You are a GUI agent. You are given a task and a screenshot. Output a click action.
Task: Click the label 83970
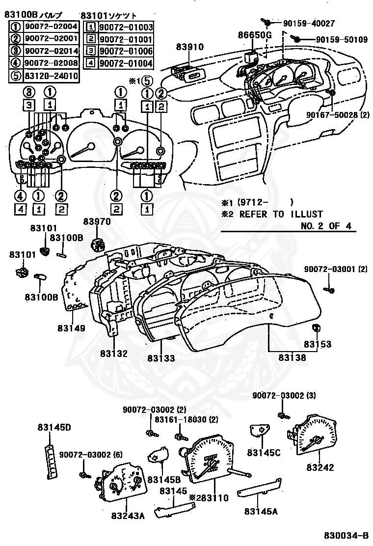[x=97, y=222]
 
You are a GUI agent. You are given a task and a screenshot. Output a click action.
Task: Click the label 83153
[x=317, y=344]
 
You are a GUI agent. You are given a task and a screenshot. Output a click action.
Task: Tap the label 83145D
[x=54, y=427]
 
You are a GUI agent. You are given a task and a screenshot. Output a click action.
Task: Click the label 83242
[x=320, y=467]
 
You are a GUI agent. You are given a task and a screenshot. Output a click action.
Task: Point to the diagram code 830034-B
[x=346, y=535]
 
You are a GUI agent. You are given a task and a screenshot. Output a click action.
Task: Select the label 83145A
[x=261, y=511]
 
